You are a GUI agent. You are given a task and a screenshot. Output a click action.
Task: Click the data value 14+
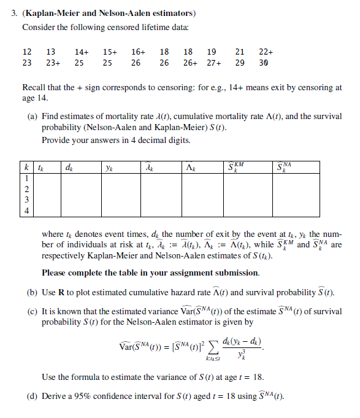[x=81, y=52]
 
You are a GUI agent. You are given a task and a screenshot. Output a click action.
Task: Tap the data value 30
[x=263, y=63]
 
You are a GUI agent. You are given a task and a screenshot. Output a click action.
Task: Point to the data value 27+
[x=213, y=63]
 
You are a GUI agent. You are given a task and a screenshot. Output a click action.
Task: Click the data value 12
[x=26, y=52]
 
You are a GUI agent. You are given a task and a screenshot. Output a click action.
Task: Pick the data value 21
[x=240, y=52]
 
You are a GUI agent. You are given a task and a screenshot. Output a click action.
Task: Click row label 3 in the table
[x=27, y=199]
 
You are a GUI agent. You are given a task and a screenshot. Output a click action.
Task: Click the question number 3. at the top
[x=15, y=13]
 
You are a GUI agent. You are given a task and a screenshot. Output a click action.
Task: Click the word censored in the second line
[x=112, y=28]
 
